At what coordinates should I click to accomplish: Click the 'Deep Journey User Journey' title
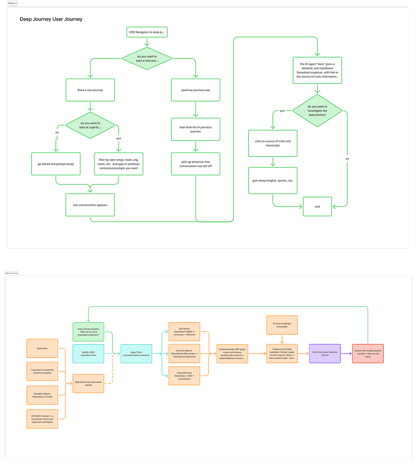pyautogui.click(x=51, y=19)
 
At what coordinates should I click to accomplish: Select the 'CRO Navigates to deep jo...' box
pyautogui.click(x=147, y=32)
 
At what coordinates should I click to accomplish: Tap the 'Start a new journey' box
pyautogui.click(x=90, y=90)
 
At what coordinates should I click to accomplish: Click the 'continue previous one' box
pyautogui.click(x=195, y=90)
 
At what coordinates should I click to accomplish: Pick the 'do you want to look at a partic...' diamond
pyautogui.click(x=90, y=125)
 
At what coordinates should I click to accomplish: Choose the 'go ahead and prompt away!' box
pyautogui.click(x=56, y=164)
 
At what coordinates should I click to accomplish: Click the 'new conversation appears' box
pyautogui.click(x=90, y=205)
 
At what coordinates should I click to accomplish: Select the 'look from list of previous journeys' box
pyautogui.click(x=195, y=129)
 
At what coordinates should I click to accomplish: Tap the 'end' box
pyautogui.click(x=317, y=206)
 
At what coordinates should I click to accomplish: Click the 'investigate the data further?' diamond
pyautogui.click(x=317, y=110)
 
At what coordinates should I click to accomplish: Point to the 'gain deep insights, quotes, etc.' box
pyautogui.click(x=273, y=180)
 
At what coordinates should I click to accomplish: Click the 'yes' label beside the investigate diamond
pyautogui.click(x=282, y=110)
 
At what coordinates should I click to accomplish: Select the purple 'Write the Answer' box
pyautogui.click(x=325, y=354)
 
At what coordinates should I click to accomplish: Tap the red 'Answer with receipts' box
pyautogui.click(x=368, y=354)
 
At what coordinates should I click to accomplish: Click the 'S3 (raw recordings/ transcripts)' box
pyautogui.click(x=282, y=325)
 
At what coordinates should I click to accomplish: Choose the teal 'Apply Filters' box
pyautogui.click(x=136, y=354)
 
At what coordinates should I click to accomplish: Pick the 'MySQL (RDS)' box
pyautogui.click(x=88, y=354)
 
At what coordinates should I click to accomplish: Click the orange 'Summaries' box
pyautogui.click(x=42, y=348)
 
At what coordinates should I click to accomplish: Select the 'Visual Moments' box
pyautogui.click(x=184, y=376)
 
